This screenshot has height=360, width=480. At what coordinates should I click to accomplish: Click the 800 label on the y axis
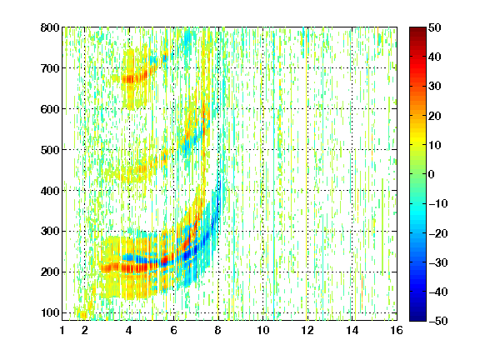50,27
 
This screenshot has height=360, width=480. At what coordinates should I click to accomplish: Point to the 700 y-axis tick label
50,68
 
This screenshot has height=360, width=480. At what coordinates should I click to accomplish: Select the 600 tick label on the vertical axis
50,109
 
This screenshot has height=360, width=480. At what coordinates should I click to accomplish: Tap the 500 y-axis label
50,150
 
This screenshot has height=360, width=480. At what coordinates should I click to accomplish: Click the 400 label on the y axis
50,191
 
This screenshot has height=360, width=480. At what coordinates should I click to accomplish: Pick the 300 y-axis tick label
50,232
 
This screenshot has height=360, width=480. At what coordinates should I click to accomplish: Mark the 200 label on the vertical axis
50,272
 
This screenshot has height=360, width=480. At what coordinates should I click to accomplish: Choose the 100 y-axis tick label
50,312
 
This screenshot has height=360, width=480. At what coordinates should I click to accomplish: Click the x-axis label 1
62,330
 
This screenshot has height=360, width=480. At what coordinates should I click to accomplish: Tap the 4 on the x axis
129,330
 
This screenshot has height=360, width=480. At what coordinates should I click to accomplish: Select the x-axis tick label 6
173,330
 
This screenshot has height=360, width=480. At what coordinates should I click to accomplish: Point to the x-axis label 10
262,330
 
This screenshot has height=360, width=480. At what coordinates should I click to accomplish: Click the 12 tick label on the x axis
307,330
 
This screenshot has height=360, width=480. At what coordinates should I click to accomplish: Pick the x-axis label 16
397,330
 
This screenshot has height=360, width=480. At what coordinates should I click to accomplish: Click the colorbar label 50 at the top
434,27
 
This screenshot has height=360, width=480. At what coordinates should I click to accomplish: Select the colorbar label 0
432,174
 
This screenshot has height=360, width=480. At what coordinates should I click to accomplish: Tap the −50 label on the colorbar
438,321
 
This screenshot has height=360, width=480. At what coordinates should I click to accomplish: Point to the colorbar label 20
434,116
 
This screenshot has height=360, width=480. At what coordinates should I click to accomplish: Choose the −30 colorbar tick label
438,262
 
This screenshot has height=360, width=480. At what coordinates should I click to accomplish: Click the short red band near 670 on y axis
135,78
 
